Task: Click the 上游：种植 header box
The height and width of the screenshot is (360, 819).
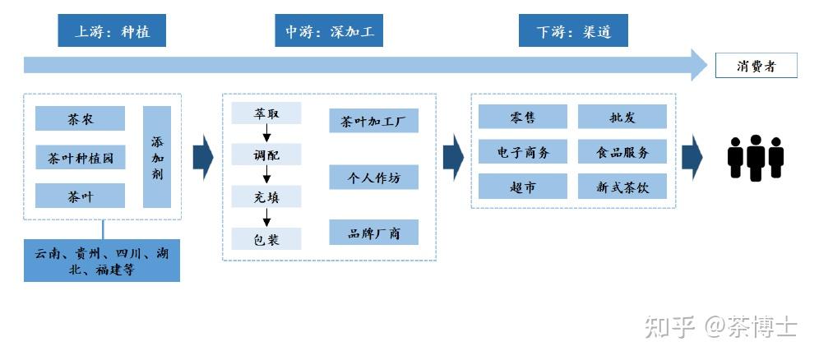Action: click(x=112, y=32)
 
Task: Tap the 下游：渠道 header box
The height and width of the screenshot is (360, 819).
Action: click(x=573, y=32)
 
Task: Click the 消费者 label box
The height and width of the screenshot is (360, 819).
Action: click(x=756, y=66)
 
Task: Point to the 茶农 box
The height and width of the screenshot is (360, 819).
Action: click(x=80, y=119)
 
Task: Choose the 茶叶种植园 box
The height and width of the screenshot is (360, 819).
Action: click(x=80, y=157)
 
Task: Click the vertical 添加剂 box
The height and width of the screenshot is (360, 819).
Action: click(x=156, y=157)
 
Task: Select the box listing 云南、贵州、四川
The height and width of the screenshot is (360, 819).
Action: click(x=101, y=261)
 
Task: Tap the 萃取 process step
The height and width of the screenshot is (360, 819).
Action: click(x=266, y=113)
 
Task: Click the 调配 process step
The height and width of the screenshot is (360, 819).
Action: click(x=266, y=154)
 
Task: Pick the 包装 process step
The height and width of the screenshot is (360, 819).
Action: click(x=266, y=238)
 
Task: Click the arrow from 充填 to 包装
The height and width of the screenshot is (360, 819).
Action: click(x=266, y=217)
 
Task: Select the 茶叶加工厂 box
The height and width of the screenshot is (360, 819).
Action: click(x=373, y=122)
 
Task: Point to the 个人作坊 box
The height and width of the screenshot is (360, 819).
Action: click(x=373, y=177)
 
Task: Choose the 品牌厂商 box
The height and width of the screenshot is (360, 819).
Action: click(x=373, y=233)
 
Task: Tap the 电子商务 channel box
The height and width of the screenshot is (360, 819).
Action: click(x=523, y=152)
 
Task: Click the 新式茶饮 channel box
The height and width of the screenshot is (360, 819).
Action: click(x=622, y=187)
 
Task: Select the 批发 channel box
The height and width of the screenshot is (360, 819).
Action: click(x=622, y=117)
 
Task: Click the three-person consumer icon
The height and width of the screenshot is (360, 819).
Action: click(x=755, y=157)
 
